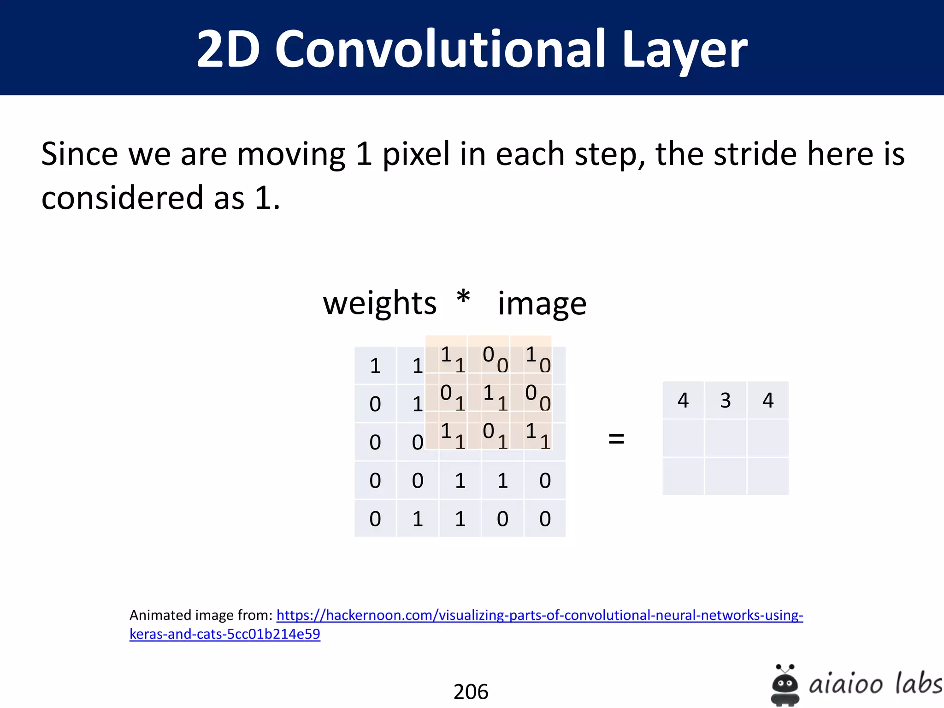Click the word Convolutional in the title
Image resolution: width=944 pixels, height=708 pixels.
pos(440,48)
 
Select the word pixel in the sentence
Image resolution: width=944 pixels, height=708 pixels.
pos(416,154)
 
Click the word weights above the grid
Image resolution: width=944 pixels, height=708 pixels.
pos(380,304)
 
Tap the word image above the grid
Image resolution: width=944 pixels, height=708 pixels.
pos(542,305)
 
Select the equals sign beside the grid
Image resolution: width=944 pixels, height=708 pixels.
pos(616,438)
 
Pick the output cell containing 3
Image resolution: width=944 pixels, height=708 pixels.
pos(726,400)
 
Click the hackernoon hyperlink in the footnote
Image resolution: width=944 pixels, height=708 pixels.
pos(539,615)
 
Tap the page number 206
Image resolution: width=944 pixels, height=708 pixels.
pos(471,691)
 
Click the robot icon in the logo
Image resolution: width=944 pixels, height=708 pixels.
pos(785,685)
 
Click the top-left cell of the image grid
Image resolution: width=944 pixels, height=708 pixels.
pos(375,366)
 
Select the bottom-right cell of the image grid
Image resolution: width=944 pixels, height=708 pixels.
pos(545,519)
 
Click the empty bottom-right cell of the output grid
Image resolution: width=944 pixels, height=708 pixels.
pos(768,477)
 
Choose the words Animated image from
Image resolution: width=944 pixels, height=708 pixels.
pos(201,615)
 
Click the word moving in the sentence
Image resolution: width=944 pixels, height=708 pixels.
pos(291,154)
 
